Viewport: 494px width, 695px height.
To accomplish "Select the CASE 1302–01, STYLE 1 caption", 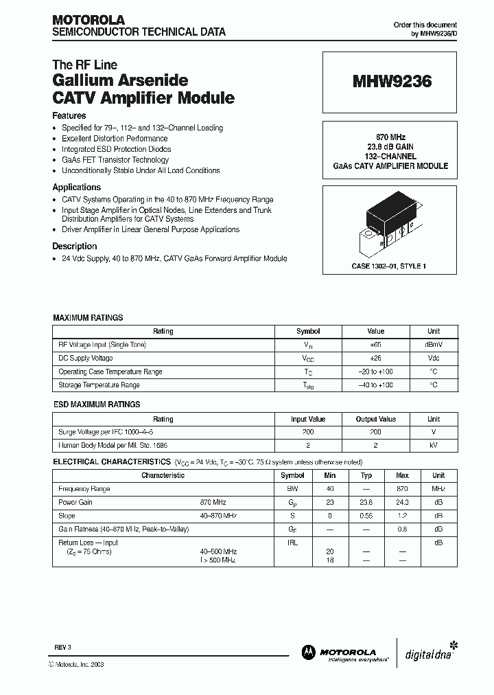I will pyautogui.click(x=390, y=266).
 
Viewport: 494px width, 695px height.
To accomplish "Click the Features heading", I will pyautogui.click(x=69, y=116).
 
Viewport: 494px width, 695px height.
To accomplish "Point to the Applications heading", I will pyautogui.click(x=77, y=187).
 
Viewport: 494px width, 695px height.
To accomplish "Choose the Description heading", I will pyautogui.click(x=75, y=246).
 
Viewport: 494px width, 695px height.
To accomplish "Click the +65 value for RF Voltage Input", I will pyautogui.click(x=375, y=344).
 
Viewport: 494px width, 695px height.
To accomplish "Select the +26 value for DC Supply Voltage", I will pyautogui.click(x=375, y=358).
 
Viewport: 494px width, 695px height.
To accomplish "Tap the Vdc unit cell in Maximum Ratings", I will pyautogui.click(x=434, y=358).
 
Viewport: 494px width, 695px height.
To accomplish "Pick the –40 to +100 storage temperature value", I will pyautogui.click(x=375, y=385).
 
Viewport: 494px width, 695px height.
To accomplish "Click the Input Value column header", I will pyautogui.click(x=308, y=419).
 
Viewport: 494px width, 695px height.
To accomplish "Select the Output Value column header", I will pyautogui.click(x=375, y=419).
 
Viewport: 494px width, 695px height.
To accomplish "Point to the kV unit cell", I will pyautogui.click(x=434, y=446).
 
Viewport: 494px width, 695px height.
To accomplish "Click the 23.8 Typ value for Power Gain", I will pyautogui.click(x=366, y=503).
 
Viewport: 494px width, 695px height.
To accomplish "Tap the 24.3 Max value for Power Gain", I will pyautogui.click(x=403, y=503).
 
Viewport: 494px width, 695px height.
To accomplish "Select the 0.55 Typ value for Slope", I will pyautogui.click(x=366, y=516).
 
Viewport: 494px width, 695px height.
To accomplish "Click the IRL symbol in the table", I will pyautogui.click(x=293, y=543).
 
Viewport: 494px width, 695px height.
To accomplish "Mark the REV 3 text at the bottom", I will pyautogui.click(x=62, y=648).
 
